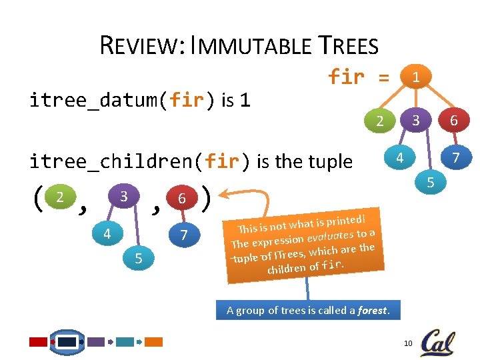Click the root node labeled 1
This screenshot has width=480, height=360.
pyautogui.click(x=415, y=77)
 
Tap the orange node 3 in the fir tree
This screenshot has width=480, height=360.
pyautogui.click(x=415, y=121)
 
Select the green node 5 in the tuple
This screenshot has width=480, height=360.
pyautogui.click(x=138, y=258)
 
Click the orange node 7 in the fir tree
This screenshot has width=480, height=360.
pyautogui.click(x=456, y=158)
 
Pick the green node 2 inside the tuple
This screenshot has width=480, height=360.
pyautogui.click(x=60, y=198)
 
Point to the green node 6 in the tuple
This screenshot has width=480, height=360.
pyautogui.click(x=181, y=199)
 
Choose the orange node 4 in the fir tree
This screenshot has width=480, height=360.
pyautogui.click(x=399, y=159)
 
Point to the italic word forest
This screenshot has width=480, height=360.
pyautogui.click(x=371, y=309)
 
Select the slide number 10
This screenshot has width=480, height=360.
pyautogui.click(x=408, y=343)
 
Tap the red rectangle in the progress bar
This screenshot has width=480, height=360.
pyautogui.click(x=39, y=342)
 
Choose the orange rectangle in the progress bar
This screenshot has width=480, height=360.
pyautogui.click(x=154, y=342)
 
